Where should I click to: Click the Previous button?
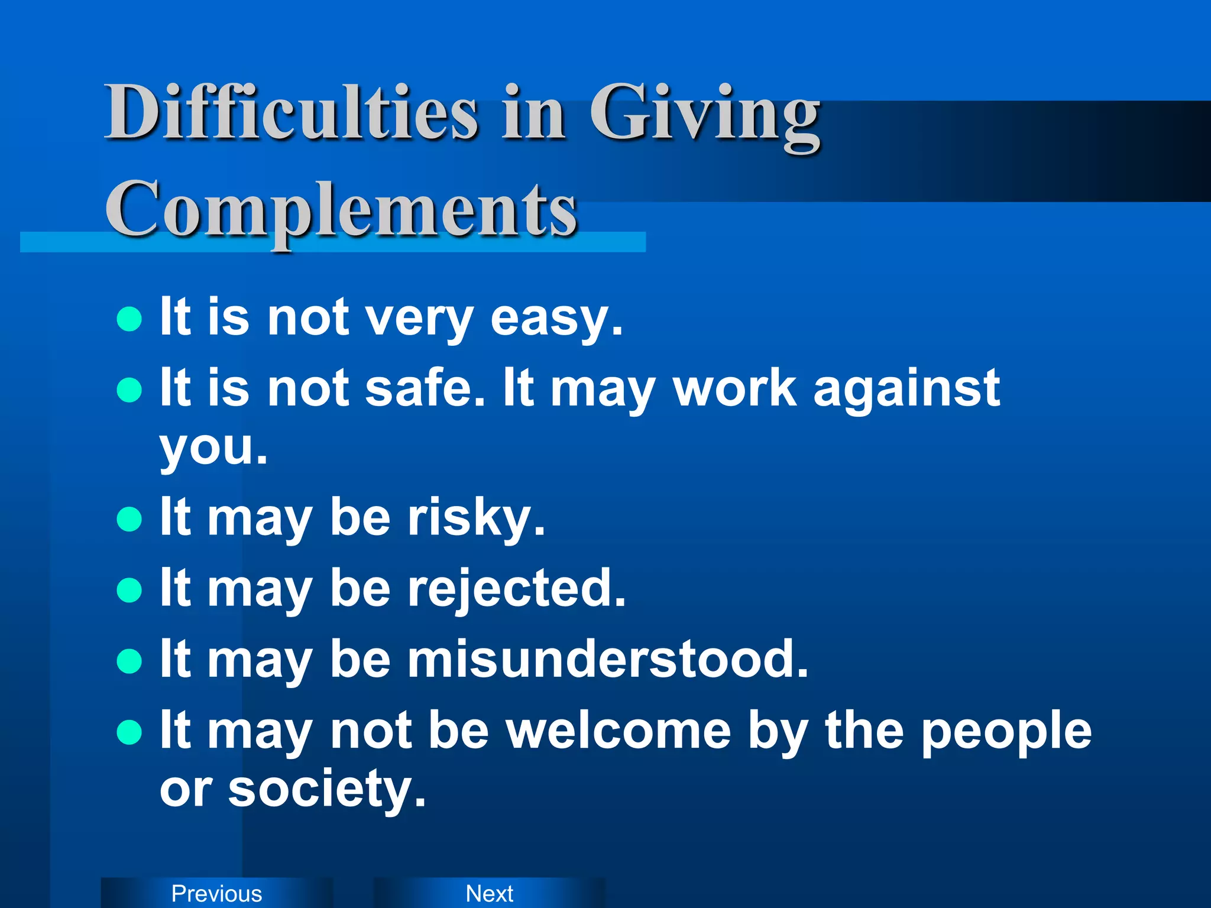click(x=216, y=893)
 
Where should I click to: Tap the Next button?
click(x=490, y=893)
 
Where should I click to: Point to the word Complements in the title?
click(x=341, y=210)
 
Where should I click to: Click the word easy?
click(x=556, y=319)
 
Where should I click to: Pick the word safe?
click(x=425, y=388)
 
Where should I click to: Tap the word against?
click(x=906, y=390)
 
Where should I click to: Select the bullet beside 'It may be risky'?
click(x=129, y=520)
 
